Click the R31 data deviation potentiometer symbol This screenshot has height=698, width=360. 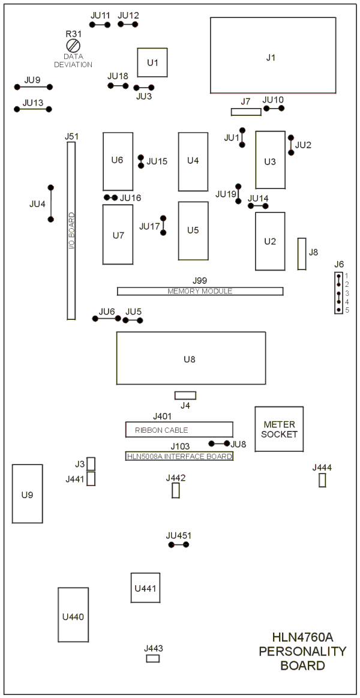click(x=74, y=46)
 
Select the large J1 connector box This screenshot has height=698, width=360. click(x=272, y=55)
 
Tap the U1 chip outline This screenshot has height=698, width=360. click(x=152, y=62)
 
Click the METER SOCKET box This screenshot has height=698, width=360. click(x=280, y=429)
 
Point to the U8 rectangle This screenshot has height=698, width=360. click(x=191, y=358)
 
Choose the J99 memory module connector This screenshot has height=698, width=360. click(x=200, y=291)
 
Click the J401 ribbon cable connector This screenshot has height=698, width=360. click(x=179, y=430)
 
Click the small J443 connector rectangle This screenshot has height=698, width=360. click(x=153, y=658)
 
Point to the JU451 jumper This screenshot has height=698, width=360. click(x=179, y=545)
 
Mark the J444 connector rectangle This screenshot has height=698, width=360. click(x=322, y=480)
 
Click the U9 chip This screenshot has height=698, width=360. click(x=27, y=494)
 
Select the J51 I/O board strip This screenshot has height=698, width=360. click(x=71, y=232)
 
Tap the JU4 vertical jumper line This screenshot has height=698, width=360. click(x=51, y=203)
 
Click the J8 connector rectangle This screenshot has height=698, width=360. click(x=302, y=253)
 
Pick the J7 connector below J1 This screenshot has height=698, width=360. click(x=246, y=112)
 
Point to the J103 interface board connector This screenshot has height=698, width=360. click(x=179, y=456)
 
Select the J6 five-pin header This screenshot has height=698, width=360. click(x=339, y=293)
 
